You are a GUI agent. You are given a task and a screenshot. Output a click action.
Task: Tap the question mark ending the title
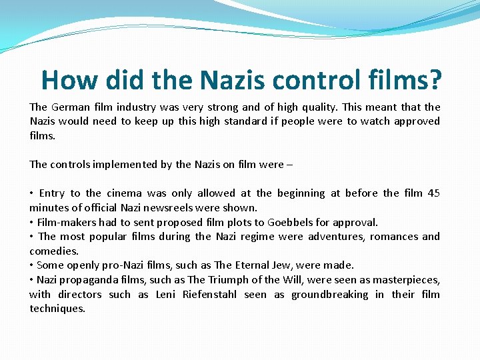(x=434, y=81)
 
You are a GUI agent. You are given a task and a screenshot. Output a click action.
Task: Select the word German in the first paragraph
(x=71, y=107)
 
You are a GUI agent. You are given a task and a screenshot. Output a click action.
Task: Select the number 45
(x=433, y=193)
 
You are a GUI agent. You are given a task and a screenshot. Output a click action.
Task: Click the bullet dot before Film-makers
(x=31, y=223)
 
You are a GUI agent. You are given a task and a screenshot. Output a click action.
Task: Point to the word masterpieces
(x=405, y=280)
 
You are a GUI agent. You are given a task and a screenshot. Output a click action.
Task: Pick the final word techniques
(x=57, y=309)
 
